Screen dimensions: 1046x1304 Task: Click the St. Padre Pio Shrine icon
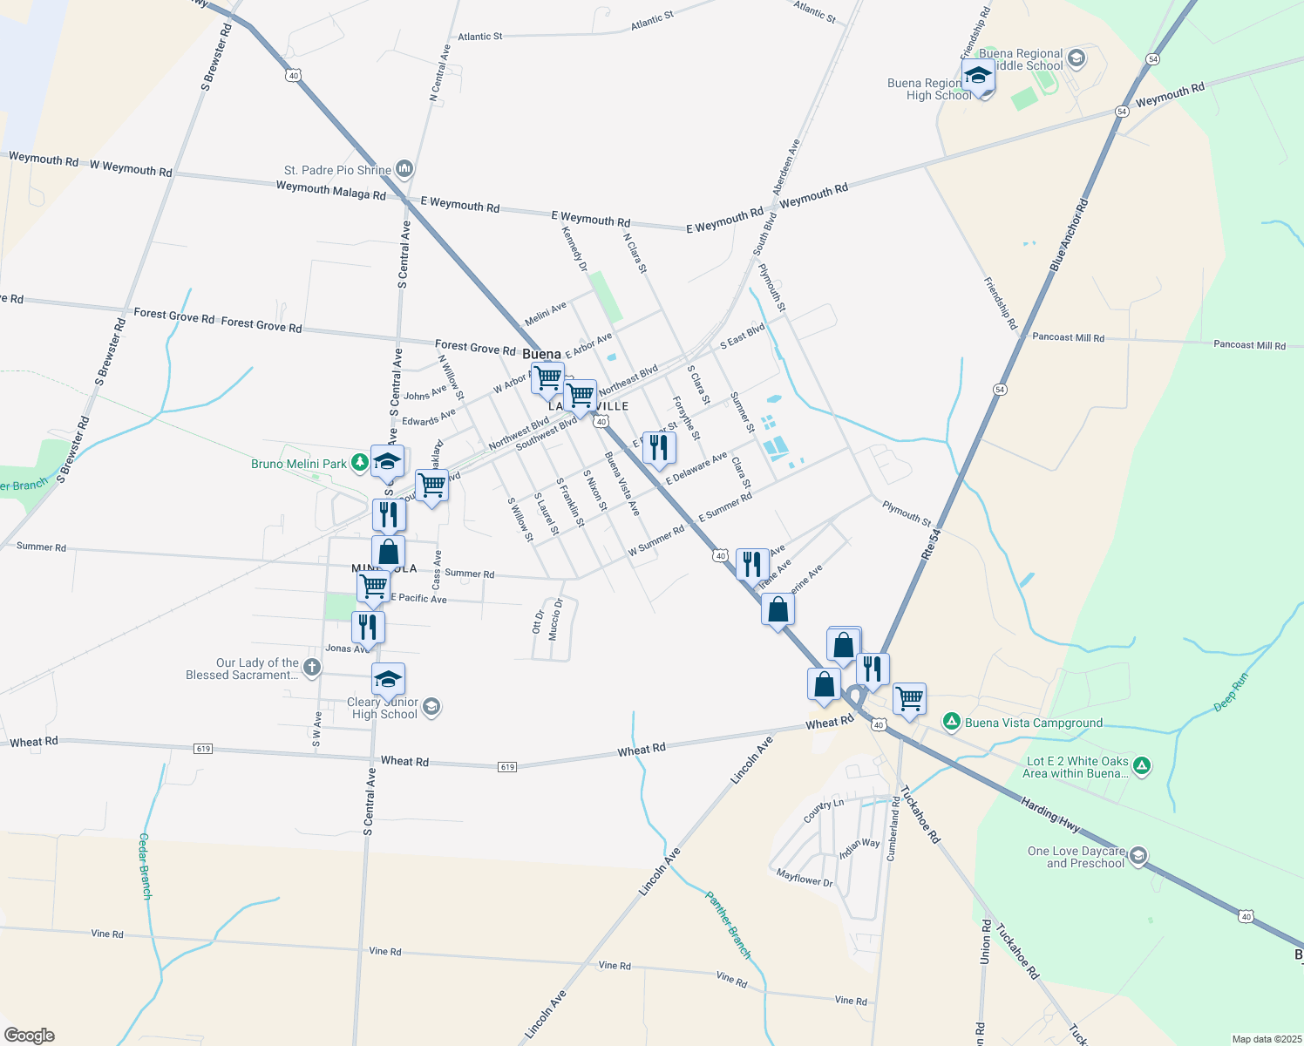pyautogui.click(x=404, y=168)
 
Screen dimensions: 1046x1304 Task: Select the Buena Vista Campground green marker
pyautogui.click(x=952, y=722)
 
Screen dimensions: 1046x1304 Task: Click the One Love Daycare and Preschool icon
pyautogui.click(x=1138, y=857)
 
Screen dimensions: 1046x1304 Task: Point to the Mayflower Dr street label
pyautogui.click(x=805, y=878)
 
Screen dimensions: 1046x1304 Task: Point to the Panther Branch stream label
pyautogui.click(x=728, y=925)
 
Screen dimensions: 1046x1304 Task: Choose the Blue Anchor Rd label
pyautogui.click(x=1070, y=234)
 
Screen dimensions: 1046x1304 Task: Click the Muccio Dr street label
pyautogui.click(x=555, y=620)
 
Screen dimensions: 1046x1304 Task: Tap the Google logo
pyautogui.click(x=30, y=1036)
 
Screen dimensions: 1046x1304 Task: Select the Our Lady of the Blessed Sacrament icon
pyautogui.click(x=312, y=668)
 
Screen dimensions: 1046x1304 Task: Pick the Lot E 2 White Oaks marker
pyautogui.click(x=1142, y=766)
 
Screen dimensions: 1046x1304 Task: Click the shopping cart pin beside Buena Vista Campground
pyautogui.click(x=909, y=698)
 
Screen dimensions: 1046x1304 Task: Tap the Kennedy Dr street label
pyautogui.click(x=574, y=248)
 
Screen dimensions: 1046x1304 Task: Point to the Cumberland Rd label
pyautogui.click(x=893, y=829)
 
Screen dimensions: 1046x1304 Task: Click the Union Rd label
pyautogui.click(x=985, y=941)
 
